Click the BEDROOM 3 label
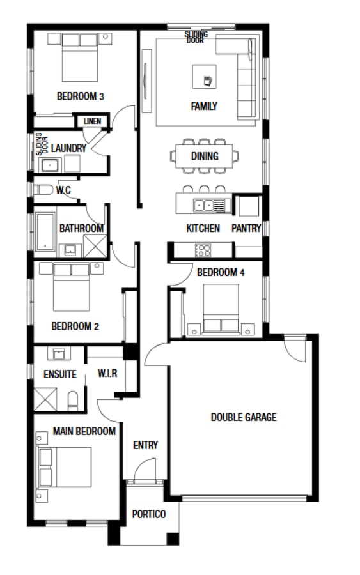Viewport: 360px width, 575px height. point(81,96)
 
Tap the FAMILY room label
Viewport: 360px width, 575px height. point(204,106)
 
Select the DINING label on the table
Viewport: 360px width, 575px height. point(204,156)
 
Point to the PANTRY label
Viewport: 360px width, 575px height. point(246,228)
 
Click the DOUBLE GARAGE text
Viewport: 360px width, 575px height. point(244,417)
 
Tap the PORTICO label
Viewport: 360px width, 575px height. point(149,514)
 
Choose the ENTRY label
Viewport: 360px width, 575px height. point(145,445)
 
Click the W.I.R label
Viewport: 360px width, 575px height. point(107,373)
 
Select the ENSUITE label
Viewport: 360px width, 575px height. point(60,374)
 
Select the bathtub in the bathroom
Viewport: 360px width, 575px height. point(45,230)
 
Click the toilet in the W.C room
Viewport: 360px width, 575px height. point(43,190)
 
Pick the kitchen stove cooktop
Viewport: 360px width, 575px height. point(203,250)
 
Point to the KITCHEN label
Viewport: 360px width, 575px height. point(203,228)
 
